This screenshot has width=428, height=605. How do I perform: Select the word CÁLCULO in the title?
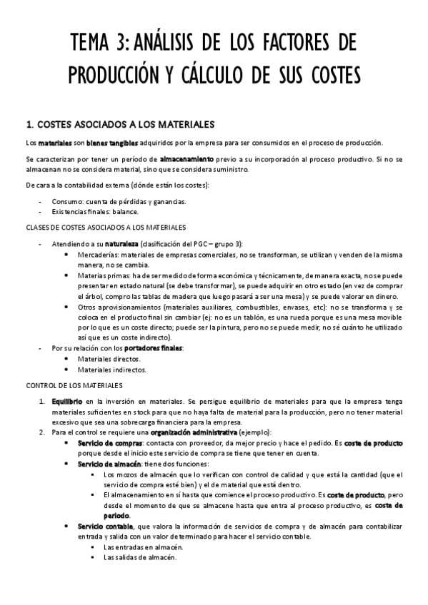(228, 73)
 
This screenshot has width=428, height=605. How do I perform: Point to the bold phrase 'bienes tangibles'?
(106, 143)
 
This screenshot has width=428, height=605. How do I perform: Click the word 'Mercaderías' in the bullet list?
(97, 254)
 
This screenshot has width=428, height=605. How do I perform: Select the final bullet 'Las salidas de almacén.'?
(135, 558)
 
